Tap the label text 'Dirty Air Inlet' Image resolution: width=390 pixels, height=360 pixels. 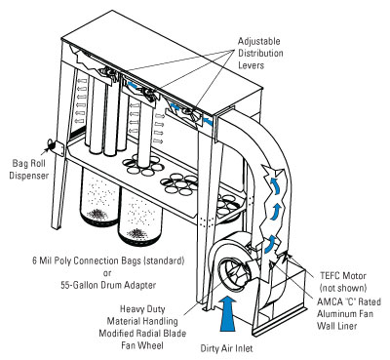[x=226, y=348]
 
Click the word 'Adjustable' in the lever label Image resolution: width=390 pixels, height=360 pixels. [x=259, y=42]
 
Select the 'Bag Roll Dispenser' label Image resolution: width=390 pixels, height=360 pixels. [x=29, y=169]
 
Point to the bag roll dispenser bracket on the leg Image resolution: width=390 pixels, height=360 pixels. [x=56, y=148]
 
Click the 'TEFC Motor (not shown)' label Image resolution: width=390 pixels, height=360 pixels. [x=343, y=282]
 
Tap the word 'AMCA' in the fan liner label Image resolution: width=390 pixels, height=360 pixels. [x=330, y=301]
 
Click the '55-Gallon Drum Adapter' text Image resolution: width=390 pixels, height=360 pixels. [x=108, y=285]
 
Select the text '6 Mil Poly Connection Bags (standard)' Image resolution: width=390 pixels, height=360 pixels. [x=108, y=260]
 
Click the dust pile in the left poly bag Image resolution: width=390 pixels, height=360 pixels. [x=98, y=214]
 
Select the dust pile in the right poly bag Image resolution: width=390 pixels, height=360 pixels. [x=137, y=233]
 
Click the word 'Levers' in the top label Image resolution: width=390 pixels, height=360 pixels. [x=251, y=65]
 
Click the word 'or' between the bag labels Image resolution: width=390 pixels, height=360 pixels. [x=107, y=273]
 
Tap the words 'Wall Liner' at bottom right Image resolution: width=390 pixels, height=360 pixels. [x=337, y=326]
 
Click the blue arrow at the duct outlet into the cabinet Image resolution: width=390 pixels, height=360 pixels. [x=208, y=122]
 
